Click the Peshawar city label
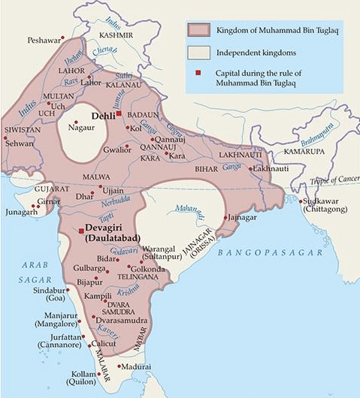[x=43, y=39]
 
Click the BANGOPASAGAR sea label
[x=265, y=255]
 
